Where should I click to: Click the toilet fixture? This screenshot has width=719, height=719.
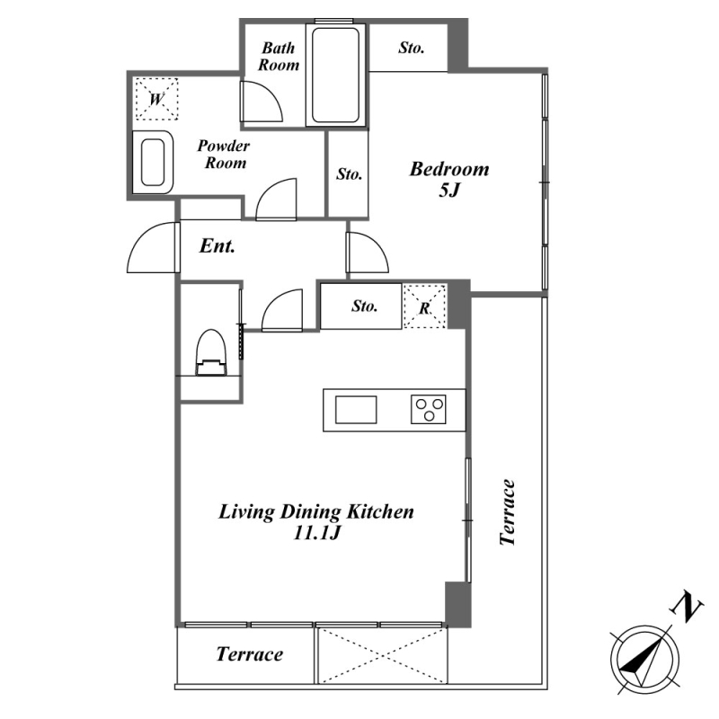211,352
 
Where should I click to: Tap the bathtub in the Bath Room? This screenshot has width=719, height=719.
335,75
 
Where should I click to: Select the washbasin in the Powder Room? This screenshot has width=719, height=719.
153,163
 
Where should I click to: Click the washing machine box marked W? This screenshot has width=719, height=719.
156,99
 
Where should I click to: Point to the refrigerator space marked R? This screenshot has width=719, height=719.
424,306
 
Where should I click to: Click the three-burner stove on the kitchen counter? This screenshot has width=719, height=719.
429,409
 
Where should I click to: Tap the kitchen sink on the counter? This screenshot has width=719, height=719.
356,410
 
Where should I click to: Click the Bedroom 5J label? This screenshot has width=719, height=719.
448,179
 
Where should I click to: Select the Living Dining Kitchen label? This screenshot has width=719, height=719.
316,521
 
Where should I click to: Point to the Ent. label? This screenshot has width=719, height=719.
217,246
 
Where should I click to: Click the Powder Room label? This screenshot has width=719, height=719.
224,154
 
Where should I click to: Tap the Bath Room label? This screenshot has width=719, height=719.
279,57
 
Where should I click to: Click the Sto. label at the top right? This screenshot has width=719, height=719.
412,48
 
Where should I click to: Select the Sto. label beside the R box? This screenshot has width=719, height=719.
365,306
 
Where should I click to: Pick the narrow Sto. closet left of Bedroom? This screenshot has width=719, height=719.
349,174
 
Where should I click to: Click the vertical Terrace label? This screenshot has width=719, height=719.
508,512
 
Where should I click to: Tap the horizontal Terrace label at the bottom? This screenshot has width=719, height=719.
250,654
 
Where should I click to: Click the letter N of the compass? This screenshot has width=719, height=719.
687,608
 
